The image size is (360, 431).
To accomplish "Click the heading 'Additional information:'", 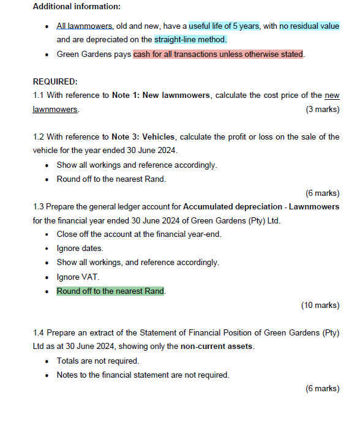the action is pyautogui.click(x=77, y=7).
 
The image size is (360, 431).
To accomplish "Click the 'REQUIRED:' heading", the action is pyautogui.click(x=55, y=81).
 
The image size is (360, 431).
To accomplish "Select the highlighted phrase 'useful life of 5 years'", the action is pyautogui.click(x=224, y=26).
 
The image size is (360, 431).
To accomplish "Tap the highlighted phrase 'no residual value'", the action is pyautogui.click(x=309, y=26).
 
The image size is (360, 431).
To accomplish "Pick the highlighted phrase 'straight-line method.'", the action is pyautogui.click(x=190, y=40).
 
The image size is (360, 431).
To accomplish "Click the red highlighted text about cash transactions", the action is pyautogui.click(x=219, y=54).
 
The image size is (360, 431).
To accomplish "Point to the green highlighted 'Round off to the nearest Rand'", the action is pyautogui.click(x=111, y=291).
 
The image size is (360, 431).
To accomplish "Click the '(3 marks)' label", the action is pyautogui.click(x=322, y=109).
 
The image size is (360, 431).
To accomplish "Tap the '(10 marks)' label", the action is pyautogui.click(x=320, y=305).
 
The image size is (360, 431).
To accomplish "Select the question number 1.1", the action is pyautogui.click(x=39, y=96).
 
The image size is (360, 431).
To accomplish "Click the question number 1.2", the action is pyautogui.click(x=39, y=137).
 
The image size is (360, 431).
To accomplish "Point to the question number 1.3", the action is pyautogui.click(x=39, y=207).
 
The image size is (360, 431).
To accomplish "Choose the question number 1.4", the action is pyautogui.click(x=39, y=332).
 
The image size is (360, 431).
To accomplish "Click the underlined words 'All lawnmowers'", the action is pyautogui.click(x=81, y=26).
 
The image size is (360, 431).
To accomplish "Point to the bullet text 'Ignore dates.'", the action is pyautogui.click(x=80, y=249).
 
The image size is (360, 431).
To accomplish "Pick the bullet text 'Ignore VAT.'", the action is pyautogui.click(x=78, y=277).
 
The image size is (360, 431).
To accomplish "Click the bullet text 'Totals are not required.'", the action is pyautogui.click(x=98, y=361).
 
